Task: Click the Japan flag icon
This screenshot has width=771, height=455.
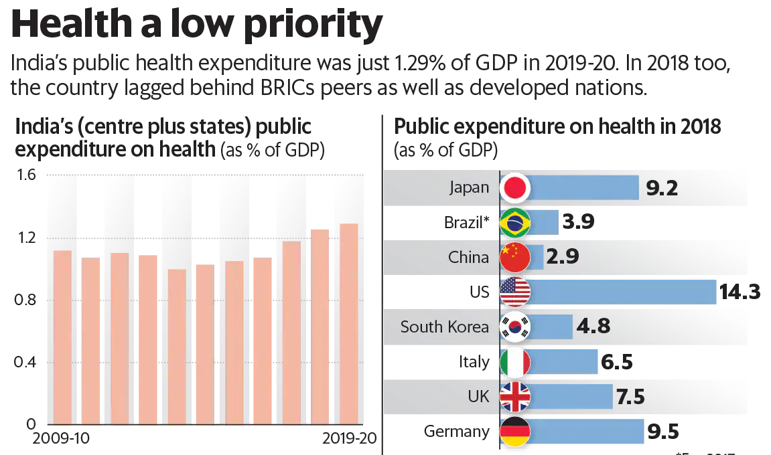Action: (x=515, y=188)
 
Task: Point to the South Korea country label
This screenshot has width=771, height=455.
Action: (x=445, y=327)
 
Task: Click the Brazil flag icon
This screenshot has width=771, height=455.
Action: (x=515, y=223)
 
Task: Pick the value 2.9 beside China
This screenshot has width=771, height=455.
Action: (x=563, y=257)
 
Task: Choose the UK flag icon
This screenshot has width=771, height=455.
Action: (x=515, y=397)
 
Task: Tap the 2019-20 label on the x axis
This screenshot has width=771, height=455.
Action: (x=348, y=439)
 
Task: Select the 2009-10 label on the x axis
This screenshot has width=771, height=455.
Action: (x=62, y=439)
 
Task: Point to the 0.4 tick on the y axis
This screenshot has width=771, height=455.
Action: (x=25, y=362)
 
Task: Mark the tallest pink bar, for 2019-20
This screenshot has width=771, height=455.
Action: (x=349, y=324)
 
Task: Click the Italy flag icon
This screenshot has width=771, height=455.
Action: (x=515, y=362)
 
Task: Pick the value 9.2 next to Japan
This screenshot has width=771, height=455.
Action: (x=662, y=188)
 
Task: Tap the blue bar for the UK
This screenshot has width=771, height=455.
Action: (x=573, y=397)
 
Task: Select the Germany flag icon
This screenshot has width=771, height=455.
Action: (x=515, y=432)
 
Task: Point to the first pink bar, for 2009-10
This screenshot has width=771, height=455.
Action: (x=62, y=337)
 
